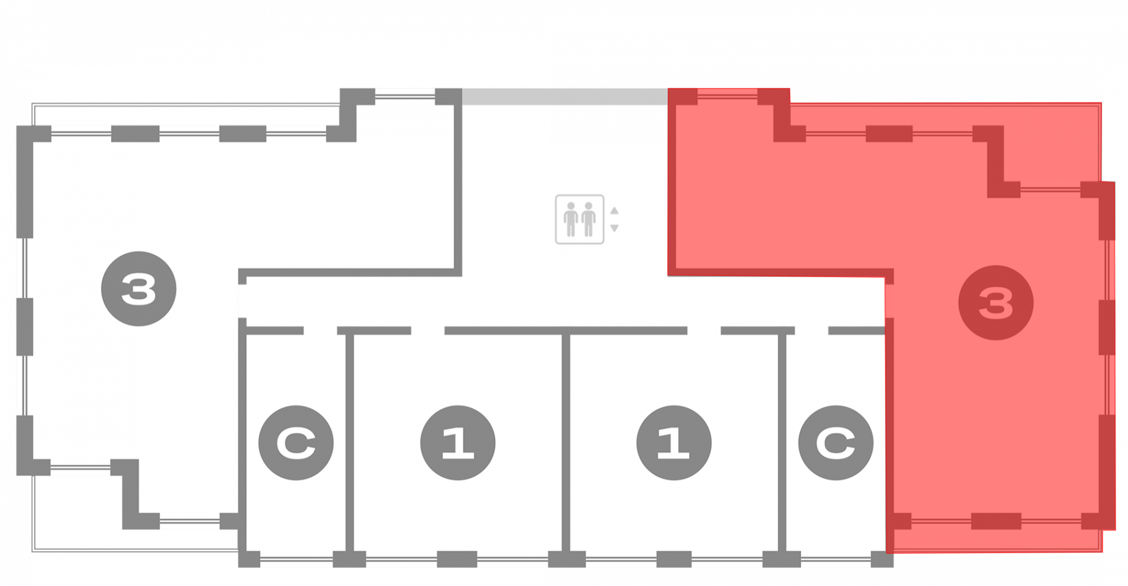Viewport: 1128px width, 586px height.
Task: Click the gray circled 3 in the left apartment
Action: click(x=139, y=288)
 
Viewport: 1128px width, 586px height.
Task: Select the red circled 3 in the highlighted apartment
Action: click(x=995, y=303)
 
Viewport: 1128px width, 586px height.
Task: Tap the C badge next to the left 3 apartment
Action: click(x=296, y=443)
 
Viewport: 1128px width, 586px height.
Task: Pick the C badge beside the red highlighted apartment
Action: click(x=835, y=443)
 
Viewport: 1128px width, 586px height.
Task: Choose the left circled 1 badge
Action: click(x=457, y=443)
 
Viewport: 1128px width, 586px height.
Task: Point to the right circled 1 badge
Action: click(x=673, y=443)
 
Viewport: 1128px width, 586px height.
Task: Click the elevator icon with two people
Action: click(x=579, y=219)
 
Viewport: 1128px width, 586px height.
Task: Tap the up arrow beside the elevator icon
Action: click(x=614, y=211)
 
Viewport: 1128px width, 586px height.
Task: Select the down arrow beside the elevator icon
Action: click(x=614, y=228)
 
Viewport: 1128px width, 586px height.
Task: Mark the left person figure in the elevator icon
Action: click(x=571, y=219)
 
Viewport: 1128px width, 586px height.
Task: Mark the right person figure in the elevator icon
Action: click(x=589, y=219)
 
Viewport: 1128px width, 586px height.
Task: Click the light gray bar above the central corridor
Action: click(x=564, y=96)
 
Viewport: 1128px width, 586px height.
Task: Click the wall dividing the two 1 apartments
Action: click(x=566, y=442)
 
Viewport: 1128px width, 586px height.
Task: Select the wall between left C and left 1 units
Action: click(x=349, y=442)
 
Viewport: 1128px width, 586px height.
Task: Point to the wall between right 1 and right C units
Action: click(x=782, y=442)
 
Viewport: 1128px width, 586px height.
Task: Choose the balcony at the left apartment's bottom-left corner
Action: click(x=76, y=513)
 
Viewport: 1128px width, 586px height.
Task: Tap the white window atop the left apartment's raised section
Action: click(x=405, y=95)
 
